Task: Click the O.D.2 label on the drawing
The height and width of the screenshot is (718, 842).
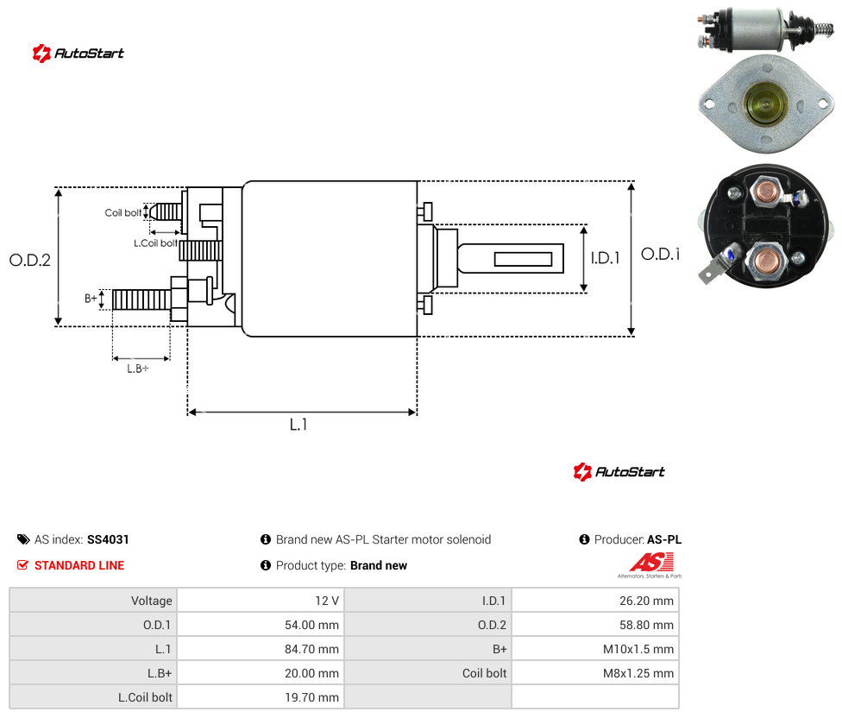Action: [x=30, y=261]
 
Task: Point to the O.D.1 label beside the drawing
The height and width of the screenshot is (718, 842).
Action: [x=661, y=254]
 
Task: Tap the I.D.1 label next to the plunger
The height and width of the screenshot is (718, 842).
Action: [x=606, y=258]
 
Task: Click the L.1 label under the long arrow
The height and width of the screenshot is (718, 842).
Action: [x=298, y=425]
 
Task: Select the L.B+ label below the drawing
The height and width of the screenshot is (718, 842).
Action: [x=138, y=368]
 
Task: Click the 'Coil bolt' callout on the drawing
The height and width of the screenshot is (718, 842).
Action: [x=123, y=212]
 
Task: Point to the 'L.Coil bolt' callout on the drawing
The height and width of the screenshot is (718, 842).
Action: [x=155, y=243]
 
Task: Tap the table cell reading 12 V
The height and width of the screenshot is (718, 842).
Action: [x=327, y=601]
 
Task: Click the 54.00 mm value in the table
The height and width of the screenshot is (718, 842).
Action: [x=312, y=625]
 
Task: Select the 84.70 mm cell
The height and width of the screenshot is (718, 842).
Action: [x=312, y=649]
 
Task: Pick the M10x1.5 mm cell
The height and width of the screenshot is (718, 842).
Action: [x=638, y=649]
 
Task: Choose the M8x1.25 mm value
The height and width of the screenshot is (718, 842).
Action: [x=638, y=673]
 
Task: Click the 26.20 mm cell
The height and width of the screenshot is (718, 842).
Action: [x=646, y=601]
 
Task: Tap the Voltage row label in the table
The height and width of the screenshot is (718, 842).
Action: [x=152, y=601]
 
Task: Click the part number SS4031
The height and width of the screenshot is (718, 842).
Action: [x=108, y=539]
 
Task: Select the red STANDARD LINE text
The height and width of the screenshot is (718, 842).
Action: [x=79, y=565]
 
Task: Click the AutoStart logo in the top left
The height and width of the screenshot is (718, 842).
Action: [x=79, y=54]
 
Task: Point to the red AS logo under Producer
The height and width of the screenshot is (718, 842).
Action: [x=650, y=563]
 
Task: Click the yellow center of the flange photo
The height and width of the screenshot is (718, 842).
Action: [x=765, y=104]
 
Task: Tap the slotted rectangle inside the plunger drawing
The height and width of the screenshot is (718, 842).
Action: [x=523, y=259]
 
